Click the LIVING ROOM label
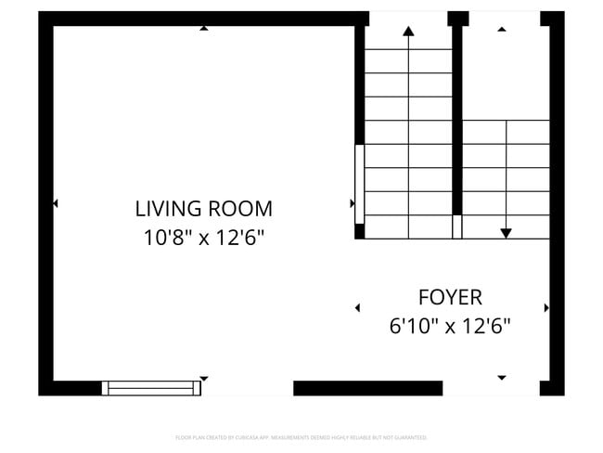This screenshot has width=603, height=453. pos(204,208)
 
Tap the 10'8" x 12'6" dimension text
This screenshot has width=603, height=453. pos(204,238)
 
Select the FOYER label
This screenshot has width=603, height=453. pos(450,297)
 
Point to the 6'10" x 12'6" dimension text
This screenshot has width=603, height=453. pos(450,327)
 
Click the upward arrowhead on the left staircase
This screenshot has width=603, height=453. pos(408,31)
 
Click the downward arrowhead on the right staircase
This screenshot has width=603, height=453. pos(506,232)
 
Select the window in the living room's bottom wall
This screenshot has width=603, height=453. pos(151,388)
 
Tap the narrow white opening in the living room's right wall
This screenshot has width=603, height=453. pos(359,184)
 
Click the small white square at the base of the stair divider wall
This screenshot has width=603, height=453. pos(456,226)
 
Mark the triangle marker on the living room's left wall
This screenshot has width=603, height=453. pos(56,202)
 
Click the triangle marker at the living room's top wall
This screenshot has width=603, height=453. pos(204,28)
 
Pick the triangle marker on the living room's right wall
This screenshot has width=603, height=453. pos(352,202)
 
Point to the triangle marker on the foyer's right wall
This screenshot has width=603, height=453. pos(546,307)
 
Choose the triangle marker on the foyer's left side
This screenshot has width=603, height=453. pos(358,307)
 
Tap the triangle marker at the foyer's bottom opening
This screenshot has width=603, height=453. pos(502,378)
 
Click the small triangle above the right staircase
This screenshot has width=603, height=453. pos(502,29)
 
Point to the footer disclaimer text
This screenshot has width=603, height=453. pos(301,436)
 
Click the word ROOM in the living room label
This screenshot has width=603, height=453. pos(240,208)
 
